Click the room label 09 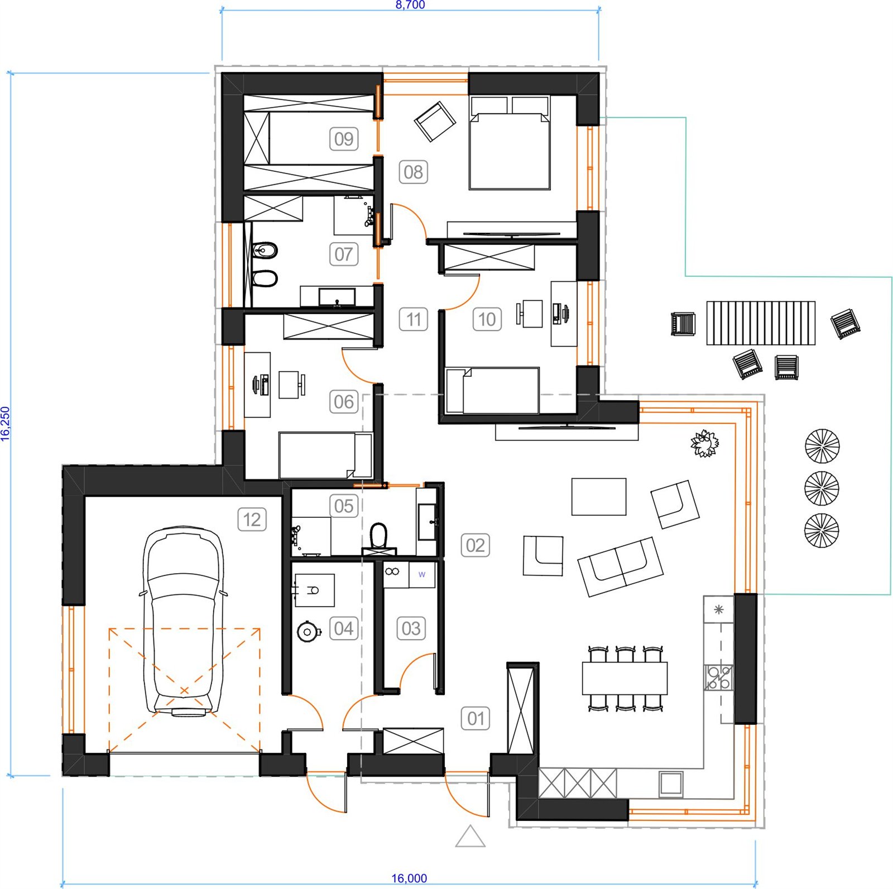[x=344, y=138]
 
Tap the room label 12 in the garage [x=252, y=520]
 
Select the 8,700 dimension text [x=410, y=5]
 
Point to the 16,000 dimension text [x=409, y=878]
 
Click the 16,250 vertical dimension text [x=6, y=424]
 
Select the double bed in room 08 [x=510, y=143]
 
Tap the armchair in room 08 [x=435, y=121]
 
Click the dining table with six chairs [x=625, y=678]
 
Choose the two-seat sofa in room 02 [x=620, y=566]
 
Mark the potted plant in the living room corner [x=705, y=444]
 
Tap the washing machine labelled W [x=422, y=575]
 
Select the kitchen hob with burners [x=718, y=677]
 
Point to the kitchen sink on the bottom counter [x=671, y=784]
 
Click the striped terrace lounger [x=761, y=323]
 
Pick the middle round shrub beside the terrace [x=822, y=488]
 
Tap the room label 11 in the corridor [x=414, y=319]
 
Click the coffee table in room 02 [x=599, y=496]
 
